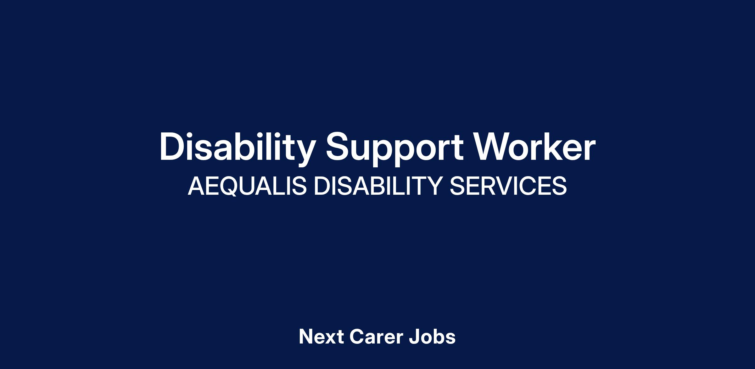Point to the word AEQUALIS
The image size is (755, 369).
click(247, 186)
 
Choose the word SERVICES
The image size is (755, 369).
click(508, 186)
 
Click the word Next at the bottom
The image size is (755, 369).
click(321, 337)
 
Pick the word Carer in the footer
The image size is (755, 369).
click(376, 337)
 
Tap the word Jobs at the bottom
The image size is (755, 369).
click(432, 337)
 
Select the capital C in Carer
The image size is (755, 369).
click(356, 337)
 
